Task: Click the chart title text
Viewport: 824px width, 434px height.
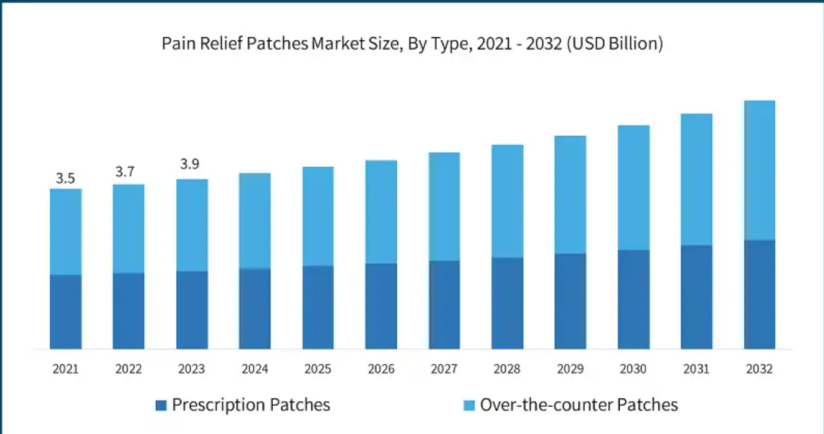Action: click(x=412, y=44)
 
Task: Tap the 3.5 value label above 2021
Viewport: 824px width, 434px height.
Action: click(x=65, y=178)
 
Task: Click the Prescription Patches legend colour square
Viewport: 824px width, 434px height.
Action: click(x=161, y=406)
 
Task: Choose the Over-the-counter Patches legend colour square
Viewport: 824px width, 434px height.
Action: click(x=468, y=406)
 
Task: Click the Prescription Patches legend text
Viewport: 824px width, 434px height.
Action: click(x=250, y=405)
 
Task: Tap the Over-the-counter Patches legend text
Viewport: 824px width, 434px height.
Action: click(x=578, y=405)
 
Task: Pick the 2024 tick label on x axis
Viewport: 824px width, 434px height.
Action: click(x=255, y=369)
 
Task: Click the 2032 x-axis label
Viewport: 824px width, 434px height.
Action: click(x=759, y=369)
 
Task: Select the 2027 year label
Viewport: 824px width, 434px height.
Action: click(x=444, y=369)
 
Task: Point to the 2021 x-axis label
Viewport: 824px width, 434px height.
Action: click(x=65, y=369)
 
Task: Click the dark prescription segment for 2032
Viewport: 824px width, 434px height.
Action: click(x=759, y=294)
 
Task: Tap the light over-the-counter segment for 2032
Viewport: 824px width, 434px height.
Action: click(x=759, y=170)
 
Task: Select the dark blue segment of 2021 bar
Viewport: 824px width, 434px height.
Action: click(x=65, y=312)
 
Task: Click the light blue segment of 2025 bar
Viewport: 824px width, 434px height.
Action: click(x=318, y=216)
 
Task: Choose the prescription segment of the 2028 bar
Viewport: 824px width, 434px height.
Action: click(x=507, y=303)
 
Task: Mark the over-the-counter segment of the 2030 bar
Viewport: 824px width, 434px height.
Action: click(x=633, y=188)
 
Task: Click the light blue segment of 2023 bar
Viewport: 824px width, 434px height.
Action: click(x=191, y=225)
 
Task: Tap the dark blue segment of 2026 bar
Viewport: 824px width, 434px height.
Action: click(x=381, y=306)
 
